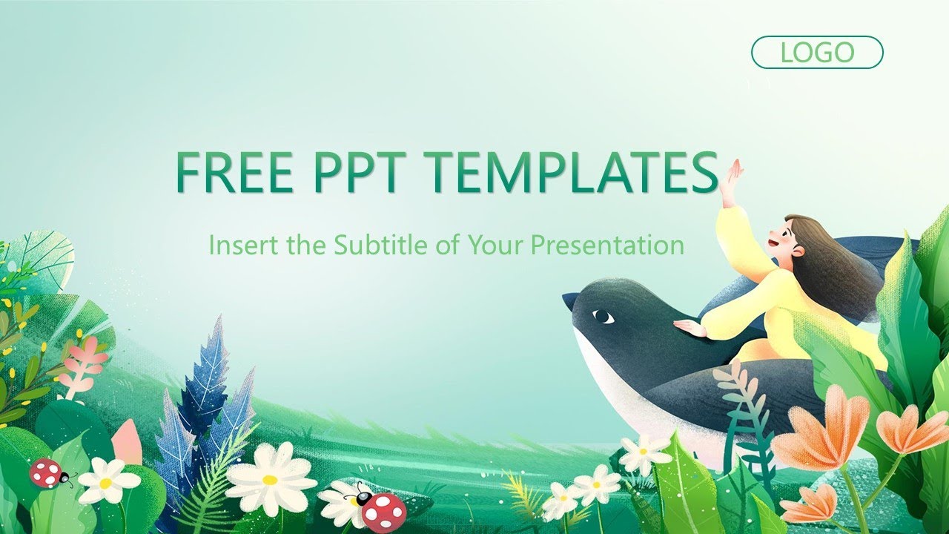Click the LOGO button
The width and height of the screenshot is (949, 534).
pyautogui.click(x=817, y=53)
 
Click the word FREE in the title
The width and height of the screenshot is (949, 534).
pyautogui.click(x=234, y=173)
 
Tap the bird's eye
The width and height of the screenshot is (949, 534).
pyautogui.click(x=604, y=317)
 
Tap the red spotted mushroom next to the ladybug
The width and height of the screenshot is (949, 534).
pyautogui.click(x=383, y=511)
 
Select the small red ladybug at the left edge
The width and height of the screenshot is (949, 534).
pyautogui.click(x=47, y=472)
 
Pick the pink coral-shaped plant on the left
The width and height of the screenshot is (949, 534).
pyautogui.click(x=82, y=363)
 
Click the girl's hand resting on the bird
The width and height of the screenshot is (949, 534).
pyautogui.click(x=690, y=327)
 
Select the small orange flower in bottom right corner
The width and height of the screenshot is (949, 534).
pyautogui.click(x=810, y=504)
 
